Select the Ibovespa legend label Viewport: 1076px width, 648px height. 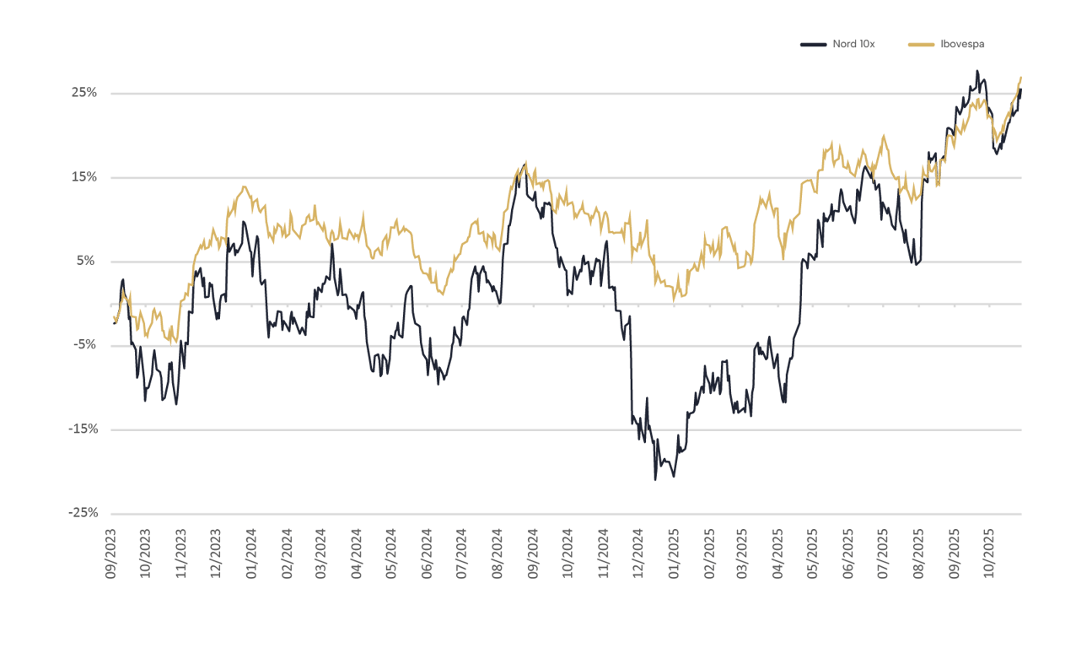(962, 44)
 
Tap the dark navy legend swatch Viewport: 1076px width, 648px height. (813, 44)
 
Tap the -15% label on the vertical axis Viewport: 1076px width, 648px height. (84, 429)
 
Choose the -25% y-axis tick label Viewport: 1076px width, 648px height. (84, 513)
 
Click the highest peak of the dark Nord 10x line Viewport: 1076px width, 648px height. (977, 71)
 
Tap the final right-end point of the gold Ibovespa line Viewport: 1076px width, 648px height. (1021, 78)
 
